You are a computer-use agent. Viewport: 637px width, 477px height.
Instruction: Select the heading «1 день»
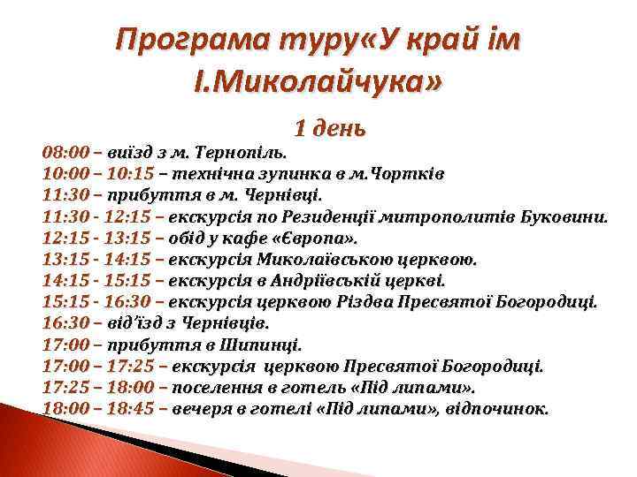point(329,128)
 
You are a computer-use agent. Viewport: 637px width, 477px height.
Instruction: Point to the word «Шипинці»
point(263,344)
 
